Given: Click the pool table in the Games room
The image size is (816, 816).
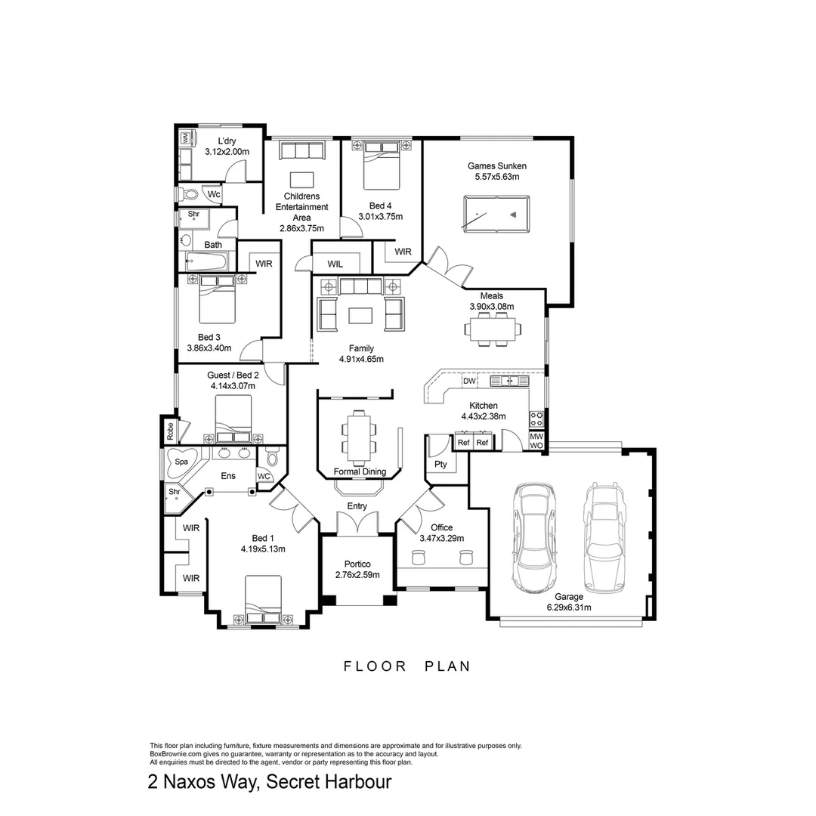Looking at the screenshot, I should coord(496,214).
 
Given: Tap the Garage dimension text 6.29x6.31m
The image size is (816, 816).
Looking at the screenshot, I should coord(569,607).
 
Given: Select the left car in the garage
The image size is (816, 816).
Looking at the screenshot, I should coord(534,538).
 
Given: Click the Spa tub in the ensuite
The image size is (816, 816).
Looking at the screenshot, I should coord(181,462).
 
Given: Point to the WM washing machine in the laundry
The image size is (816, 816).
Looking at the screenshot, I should coord(184,138).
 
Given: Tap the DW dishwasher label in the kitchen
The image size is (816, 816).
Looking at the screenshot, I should coord(469,382).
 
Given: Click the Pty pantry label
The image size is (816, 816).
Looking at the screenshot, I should coord(440,464).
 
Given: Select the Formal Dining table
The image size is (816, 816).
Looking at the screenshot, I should coord(360,437).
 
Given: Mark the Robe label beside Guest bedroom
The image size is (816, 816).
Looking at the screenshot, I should coord(170,431).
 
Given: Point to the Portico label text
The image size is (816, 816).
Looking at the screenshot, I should coord(357,564).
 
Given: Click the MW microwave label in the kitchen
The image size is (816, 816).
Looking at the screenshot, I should coord(536,436).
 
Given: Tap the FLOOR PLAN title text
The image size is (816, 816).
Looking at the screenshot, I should coord(407,666).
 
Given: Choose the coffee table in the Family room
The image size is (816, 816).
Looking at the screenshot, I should coord(360,312).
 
